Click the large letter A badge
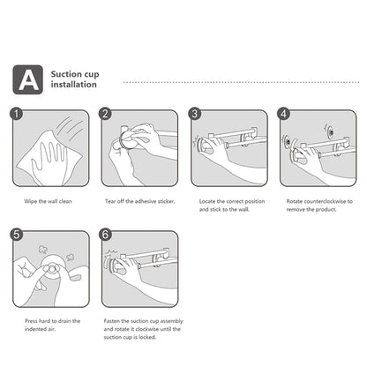tap(27, 79)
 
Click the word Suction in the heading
tap(65, 74)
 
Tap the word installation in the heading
tap(73, 85)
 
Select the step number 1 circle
tap(16, 114)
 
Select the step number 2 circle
tap(105, 114)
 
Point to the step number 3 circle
tap(195, 114)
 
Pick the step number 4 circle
tap(284, 114)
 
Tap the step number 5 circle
tap(16, 235)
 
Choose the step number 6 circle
tap(105, 235)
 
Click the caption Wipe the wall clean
tap(48, 201)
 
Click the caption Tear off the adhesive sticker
tap(140, 201)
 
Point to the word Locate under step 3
tap(207, 201)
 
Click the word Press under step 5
tap(31, 321)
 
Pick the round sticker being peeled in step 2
tap(129, 140)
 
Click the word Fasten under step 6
tap(112, 321)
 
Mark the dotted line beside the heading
tap(241, 82)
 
